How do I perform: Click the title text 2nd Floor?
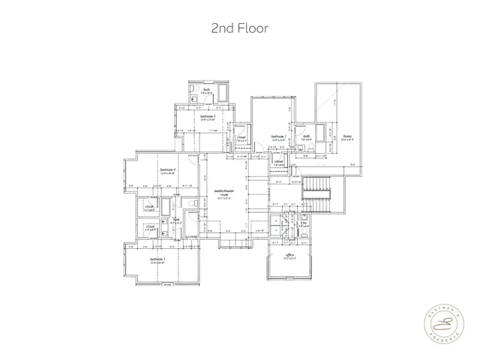[x=239, y=28]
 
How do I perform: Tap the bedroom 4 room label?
[x=168, y=171]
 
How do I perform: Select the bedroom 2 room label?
[x=280, y=137]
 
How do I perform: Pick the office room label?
[x=289, y=256]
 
